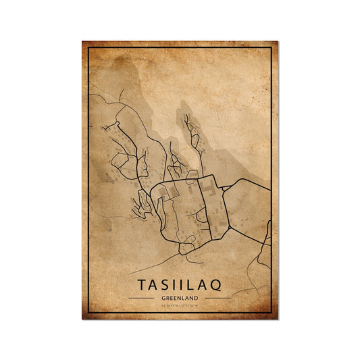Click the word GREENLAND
tap(180, 297)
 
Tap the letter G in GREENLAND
tap(163, 297)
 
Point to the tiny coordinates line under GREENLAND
tap(180, 305)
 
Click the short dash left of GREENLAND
tap(141, 297)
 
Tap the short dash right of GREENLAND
tap(218, 297)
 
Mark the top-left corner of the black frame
tap(88, 47)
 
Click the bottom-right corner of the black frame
tap(272, 313)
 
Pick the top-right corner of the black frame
tap(272, 47)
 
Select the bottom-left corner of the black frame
tap(88, 313)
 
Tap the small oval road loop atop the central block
tap(192, 175)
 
